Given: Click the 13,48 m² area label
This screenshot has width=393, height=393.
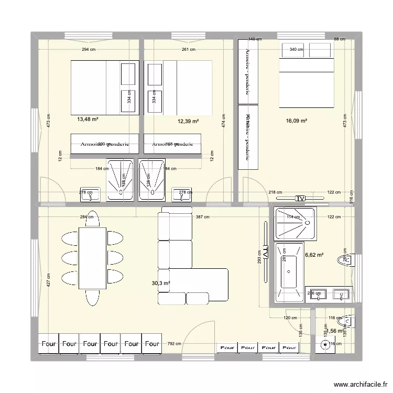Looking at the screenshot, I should [x=88, y=119].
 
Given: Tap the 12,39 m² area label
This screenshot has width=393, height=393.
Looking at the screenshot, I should [x=188, y=122].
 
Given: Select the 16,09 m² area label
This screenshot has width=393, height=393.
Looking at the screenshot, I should [x=297, y=121].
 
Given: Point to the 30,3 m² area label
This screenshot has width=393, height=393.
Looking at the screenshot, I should [x=161, y=283].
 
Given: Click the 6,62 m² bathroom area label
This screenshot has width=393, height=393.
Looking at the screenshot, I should [x=314, y=255].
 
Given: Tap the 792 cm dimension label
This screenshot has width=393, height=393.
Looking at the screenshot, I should [x=174, y=344].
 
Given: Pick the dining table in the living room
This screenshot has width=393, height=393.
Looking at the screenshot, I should [x=93, y=258].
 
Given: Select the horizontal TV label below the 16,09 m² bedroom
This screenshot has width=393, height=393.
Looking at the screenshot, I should [x=300, y=199].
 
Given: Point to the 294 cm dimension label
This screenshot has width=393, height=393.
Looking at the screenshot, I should [x=88, y=50].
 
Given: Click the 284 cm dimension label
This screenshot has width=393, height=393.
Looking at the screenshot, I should [x=87, y=217].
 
